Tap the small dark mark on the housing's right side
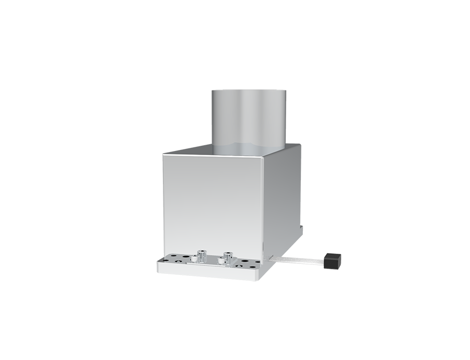pyautogui.click(x=301, y=226)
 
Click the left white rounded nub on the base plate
pyautogui.click(x=193, y=260)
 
